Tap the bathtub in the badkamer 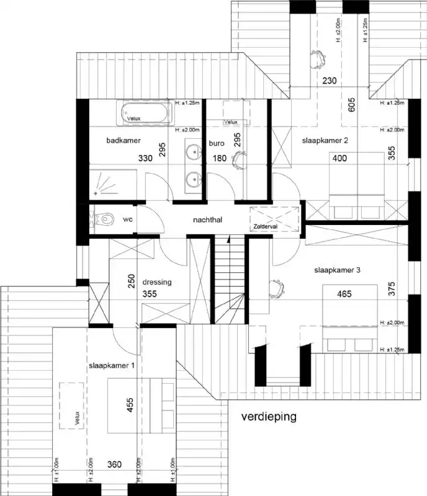142,114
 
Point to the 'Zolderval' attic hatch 274,219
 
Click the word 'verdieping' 269,416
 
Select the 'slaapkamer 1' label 112,366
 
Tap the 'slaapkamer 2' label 325,141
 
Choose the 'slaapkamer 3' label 337,270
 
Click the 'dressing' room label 157,282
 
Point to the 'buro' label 217,142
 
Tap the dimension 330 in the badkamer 145,159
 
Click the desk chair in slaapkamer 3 276,287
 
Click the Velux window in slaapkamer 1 72,405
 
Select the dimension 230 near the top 330,81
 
